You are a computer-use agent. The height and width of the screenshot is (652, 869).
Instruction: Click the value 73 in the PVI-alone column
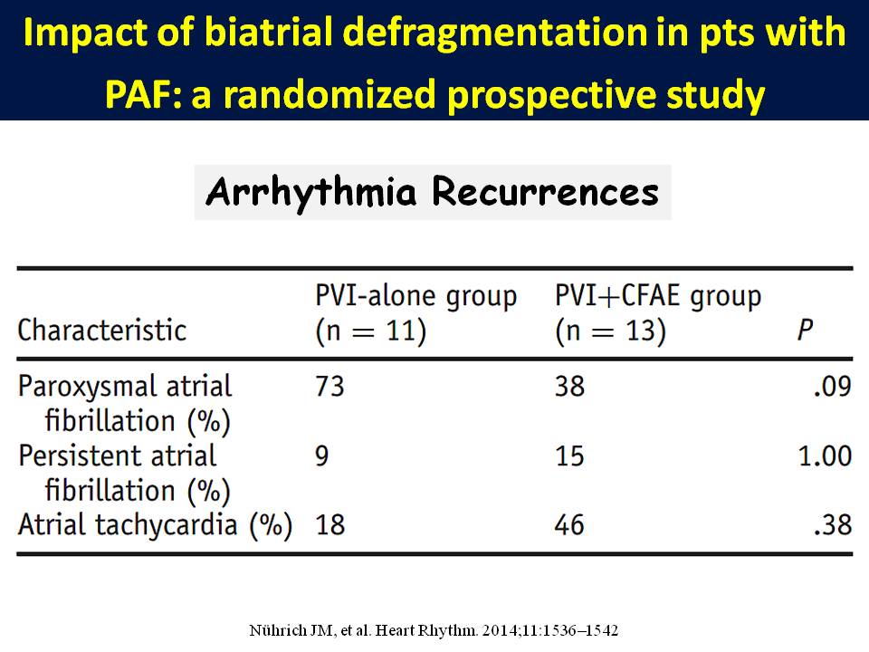click(x=330, y=387)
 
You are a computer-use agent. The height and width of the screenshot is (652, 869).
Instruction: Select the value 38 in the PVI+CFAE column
click(x=570, y=387)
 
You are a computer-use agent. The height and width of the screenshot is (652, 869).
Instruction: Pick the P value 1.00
click(x=825, y=455)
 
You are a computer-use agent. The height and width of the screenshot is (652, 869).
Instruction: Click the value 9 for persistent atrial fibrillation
click(x=322, y=455)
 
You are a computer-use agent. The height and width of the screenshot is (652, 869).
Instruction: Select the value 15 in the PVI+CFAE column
click(x=570, y=455)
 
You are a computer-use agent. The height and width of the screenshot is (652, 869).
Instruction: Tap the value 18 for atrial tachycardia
click(x=330, y=525)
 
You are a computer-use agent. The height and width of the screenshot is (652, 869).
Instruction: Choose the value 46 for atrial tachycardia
click(x=570, y=525)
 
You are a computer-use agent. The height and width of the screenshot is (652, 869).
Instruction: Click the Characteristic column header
click(x=101, y=330)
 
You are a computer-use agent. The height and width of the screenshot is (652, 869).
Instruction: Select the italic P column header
click(x=804, y=330)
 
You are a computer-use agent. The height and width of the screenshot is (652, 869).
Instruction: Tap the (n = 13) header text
click(x=610, y=330)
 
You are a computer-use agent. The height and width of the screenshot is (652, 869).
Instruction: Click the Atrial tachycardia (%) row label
click(x=154, y=525)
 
